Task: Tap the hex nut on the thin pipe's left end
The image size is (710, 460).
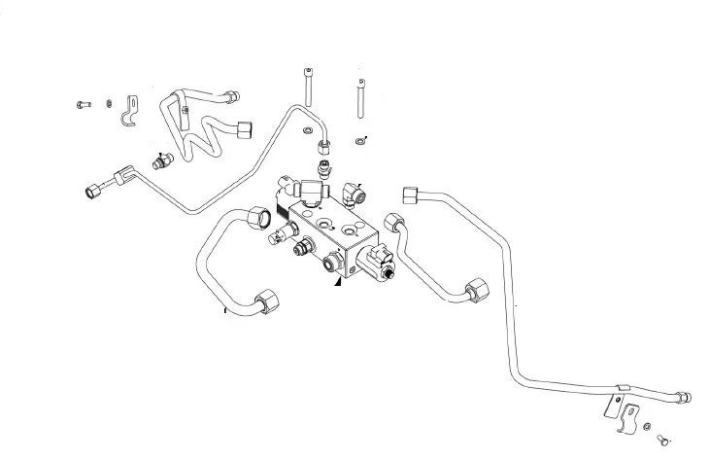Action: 96,190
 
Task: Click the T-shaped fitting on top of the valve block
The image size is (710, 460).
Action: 311,189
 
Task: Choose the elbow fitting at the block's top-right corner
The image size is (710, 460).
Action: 354,193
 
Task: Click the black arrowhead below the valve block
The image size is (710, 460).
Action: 337,280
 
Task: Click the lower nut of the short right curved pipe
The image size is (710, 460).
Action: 476,290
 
